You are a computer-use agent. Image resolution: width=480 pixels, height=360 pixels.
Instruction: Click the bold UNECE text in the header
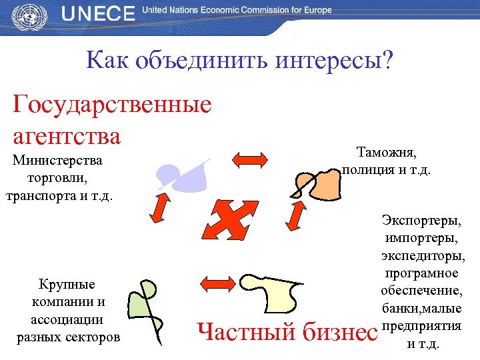pyautogui.click(x=98, y=15)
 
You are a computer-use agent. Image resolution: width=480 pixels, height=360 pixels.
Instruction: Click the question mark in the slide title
pyautogui.click(x=387, y=62)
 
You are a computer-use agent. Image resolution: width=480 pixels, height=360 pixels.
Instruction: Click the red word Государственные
pyautogui.click(x=113, y=105)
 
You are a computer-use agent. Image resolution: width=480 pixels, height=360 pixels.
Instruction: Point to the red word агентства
pyautogui.click(x=67, y=136)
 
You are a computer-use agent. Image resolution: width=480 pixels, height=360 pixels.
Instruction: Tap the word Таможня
pyautogui.click(x=386, y=153)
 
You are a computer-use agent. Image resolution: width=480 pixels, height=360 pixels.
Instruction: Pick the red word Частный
pyautogui.click(x=248, y=331)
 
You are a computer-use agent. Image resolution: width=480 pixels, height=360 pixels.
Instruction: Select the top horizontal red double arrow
pyautogui.click(x=249, y=159)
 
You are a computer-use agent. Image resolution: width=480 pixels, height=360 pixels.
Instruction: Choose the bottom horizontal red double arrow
pyautogui.click(x=219, y=282)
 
